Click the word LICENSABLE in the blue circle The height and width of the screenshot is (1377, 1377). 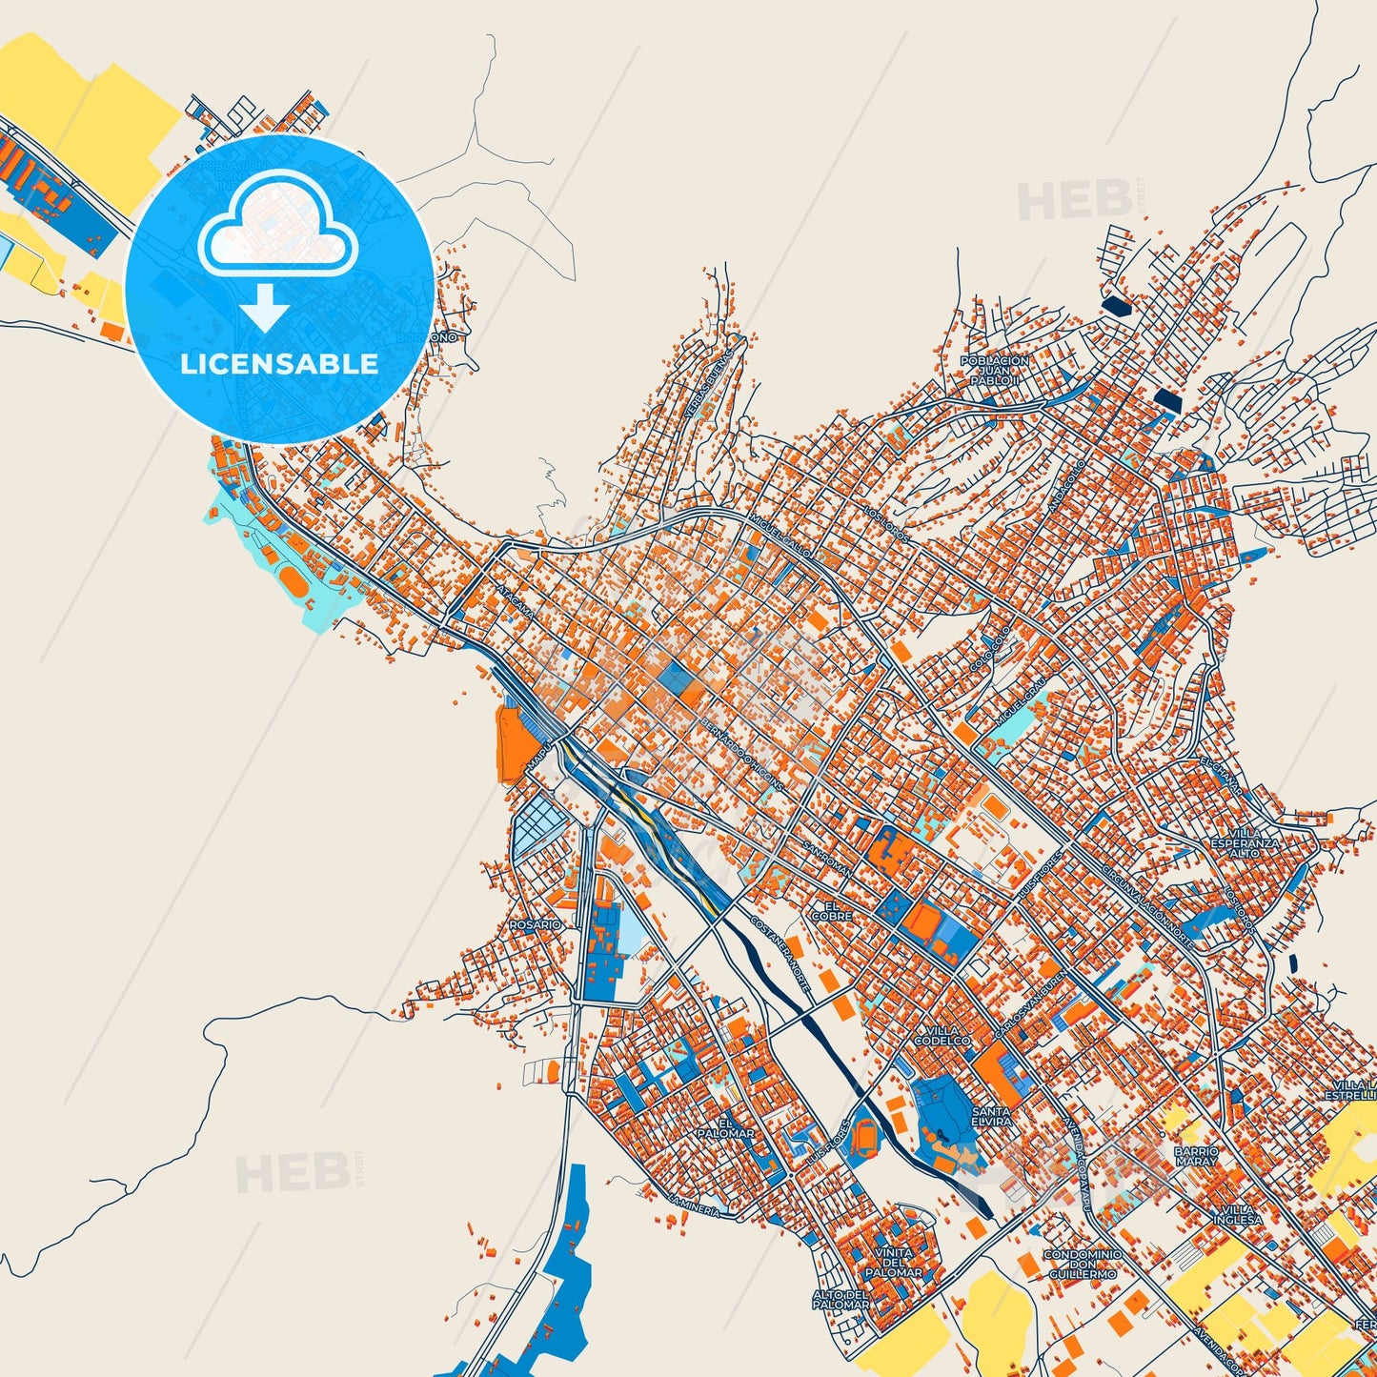pos(279,364)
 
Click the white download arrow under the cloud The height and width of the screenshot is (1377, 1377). pos(265,308)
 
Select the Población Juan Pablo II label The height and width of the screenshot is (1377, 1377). pos(995,371)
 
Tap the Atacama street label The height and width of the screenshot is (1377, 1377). pos(516,602)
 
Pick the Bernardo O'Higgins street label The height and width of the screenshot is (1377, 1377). pos(742,753)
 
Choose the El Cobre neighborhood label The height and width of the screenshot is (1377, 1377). pos(832,911)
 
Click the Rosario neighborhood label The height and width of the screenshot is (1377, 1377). pos(536,924)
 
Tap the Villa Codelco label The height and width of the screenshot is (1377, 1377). pos(942,1036)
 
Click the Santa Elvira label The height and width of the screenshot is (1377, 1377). pos(991,1117)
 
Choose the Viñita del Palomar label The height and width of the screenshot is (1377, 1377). pos(893,1263)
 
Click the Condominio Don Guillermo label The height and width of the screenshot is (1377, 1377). pos(1082,1265)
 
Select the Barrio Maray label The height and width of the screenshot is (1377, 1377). pos(1196,1157)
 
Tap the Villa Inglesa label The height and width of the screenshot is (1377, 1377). pos(1238,1214)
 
